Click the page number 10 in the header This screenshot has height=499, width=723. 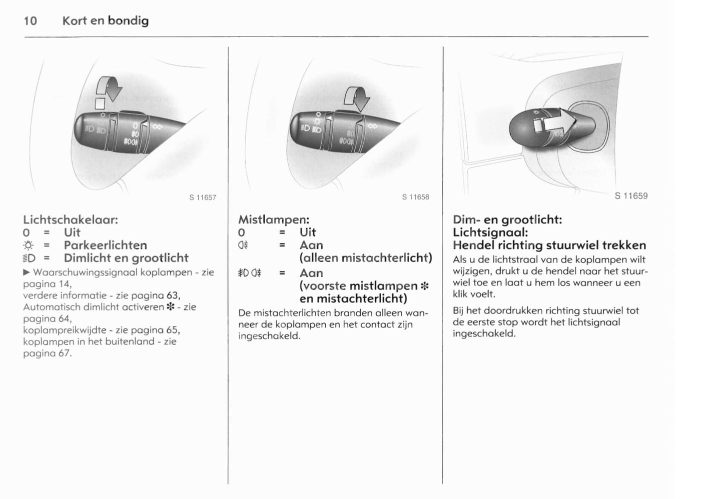(31, 21)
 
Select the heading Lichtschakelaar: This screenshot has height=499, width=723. (71, 219)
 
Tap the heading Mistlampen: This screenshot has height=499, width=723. (274, 219)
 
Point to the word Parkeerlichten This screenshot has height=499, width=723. (105, 245)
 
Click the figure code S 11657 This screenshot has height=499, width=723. (203, 197)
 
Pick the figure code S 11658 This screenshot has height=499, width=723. (415, 197)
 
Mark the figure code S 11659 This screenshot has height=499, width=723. (631, 196)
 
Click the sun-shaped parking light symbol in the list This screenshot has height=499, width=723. (29, 245)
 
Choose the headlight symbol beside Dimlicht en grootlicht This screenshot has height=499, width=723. (30, 258)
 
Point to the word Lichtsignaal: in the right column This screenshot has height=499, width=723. (490, 232)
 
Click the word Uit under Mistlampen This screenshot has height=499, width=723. (308, 232)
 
